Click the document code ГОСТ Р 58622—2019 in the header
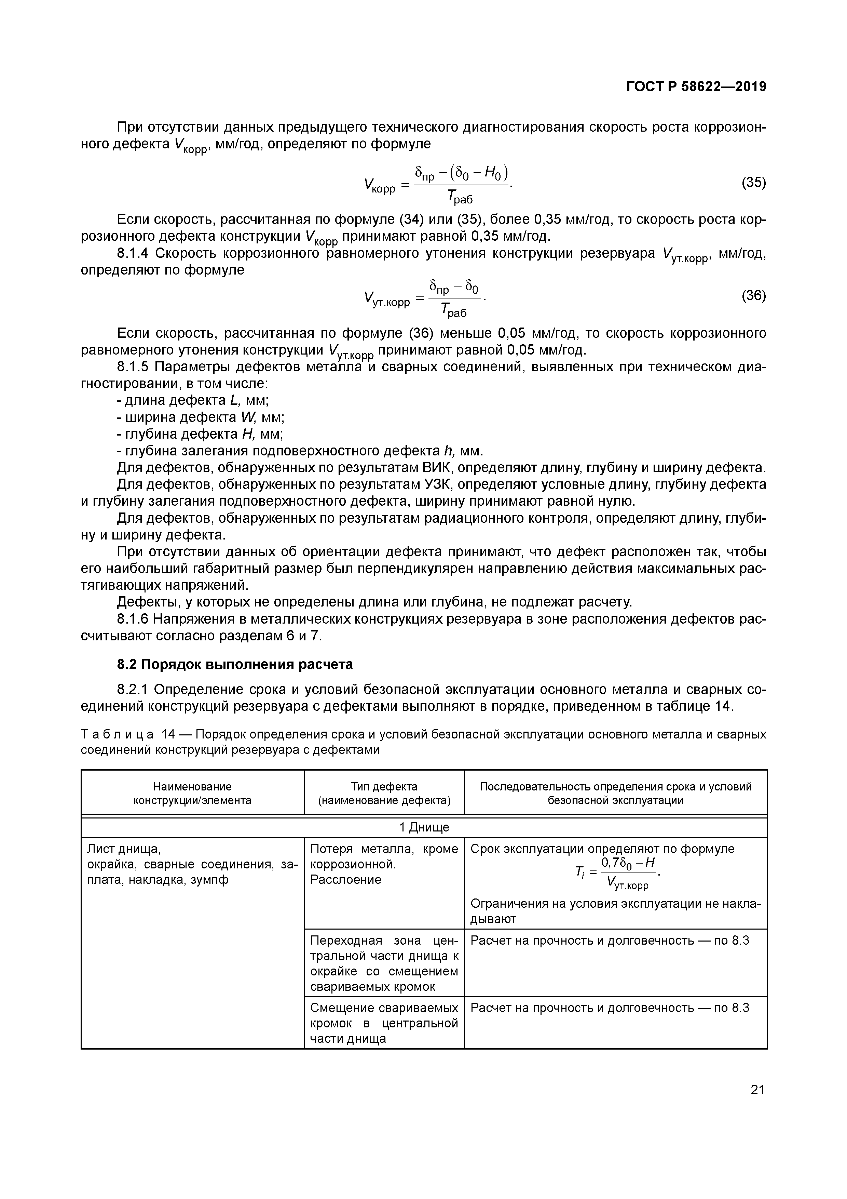click(x=696, y=87)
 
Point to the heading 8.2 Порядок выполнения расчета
click(x=234, y=664)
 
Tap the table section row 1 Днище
click(x=424, y=828)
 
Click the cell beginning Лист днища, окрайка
click(x=192, y=864)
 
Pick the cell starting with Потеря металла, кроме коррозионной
click(x=384, y=864)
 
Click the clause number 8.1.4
click(x=133, y=254)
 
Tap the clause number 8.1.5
click(x=133, y=367)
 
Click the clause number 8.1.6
click(x=133, y=620)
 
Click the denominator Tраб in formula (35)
click(x=459, y=197)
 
